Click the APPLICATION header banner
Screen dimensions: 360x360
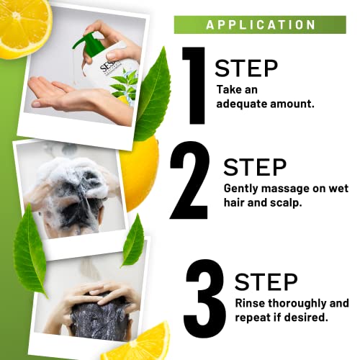[261, 24]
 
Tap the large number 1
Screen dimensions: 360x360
[194, 85]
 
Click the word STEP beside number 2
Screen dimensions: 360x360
[255, 166]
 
